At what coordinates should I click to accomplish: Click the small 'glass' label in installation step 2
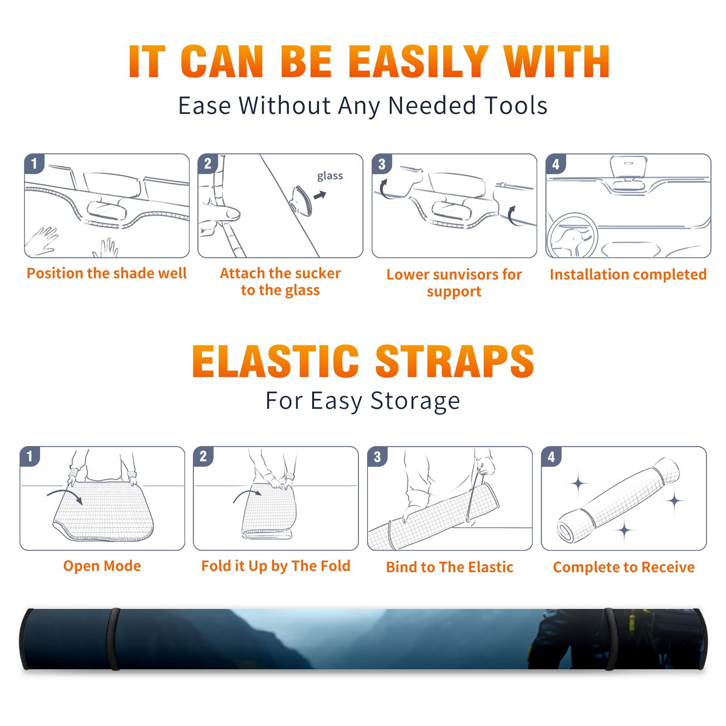click(330, 176)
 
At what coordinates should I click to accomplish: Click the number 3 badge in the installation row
click(382, 164)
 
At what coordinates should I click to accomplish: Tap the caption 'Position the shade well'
click(107, 273)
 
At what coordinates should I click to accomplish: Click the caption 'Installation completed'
click(628, 274)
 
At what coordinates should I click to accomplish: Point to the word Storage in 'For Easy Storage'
click(415, 401)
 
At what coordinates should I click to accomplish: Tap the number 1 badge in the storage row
click(30, 456)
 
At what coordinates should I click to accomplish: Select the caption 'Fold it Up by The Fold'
click(276, 566)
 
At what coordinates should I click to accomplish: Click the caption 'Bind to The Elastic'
click(450, 567)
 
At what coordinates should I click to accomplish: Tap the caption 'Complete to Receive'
click(624, 567)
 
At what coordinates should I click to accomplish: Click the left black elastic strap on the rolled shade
click(113, 639)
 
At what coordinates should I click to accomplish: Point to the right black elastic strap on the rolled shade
click(610, 639)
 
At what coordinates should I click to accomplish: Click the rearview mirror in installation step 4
click(629, 166)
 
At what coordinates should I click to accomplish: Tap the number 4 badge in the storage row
click(551, 456)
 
